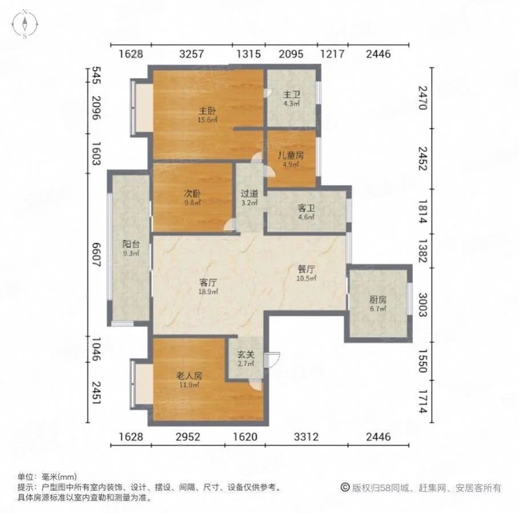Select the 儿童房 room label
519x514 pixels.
click(x=291, y=155)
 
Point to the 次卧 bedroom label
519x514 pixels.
click(x=191, y=192)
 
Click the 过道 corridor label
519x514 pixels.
click(x=250, y=193)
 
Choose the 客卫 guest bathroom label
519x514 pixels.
click(x=306, y=208)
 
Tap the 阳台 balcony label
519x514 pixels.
click(x=130, y=242)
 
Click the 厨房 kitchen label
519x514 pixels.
click(x=378, y=299)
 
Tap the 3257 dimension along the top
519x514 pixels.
click(x=192, y=54)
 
